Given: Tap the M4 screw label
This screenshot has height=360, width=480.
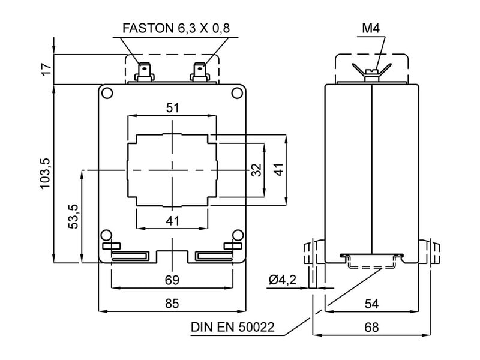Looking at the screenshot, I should click(371, 28).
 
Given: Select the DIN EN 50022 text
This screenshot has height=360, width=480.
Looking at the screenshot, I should click(232, 328).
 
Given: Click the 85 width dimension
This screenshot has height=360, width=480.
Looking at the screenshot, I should click(172, 304).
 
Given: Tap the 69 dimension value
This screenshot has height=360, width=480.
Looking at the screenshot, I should click(172, 280).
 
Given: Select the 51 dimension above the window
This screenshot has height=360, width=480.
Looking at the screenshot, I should click(172, 108).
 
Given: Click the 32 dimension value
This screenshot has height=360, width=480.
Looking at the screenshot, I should click(257, 170).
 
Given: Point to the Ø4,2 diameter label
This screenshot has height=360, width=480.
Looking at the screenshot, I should click(282, 280).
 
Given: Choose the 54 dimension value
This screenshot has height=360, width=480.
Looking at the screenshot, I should click(371, 304).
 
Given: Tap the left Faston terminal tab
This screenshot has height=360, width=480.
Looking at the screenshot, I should click(145, 71).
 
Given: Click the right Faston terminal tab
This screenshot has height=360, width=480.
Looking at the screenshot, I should click(199, 71).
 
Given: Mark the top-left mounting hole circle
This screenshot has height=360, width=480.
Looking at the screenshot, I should click(106, 93).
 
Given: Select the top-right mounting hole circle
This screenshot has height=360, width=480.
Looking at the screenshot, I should click(238, 93).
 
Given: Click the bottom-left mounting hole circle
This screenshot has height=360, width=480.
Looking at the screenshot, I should click(106, 235).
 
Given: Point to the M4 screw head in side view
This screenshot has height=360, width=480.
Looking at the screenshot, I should click(371, 73).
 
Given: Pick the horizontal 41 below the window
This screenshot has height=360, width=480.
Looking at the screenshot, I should click(172, 220).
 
